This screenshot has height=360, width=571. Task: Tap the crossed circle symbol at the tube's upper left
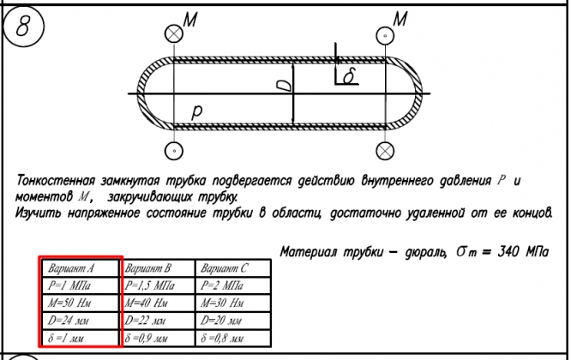[x=175, y=33]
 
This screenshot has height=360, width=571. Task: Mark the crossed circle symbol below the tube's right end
[x=385, y=149]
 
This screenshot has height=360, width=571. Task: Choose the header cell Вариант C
[x=233, y=267]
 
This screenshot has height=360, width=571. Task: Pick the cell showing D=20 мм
[x=233, y=320]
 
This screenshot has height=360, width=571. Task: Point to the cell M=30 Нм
[x=233, y=303]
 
